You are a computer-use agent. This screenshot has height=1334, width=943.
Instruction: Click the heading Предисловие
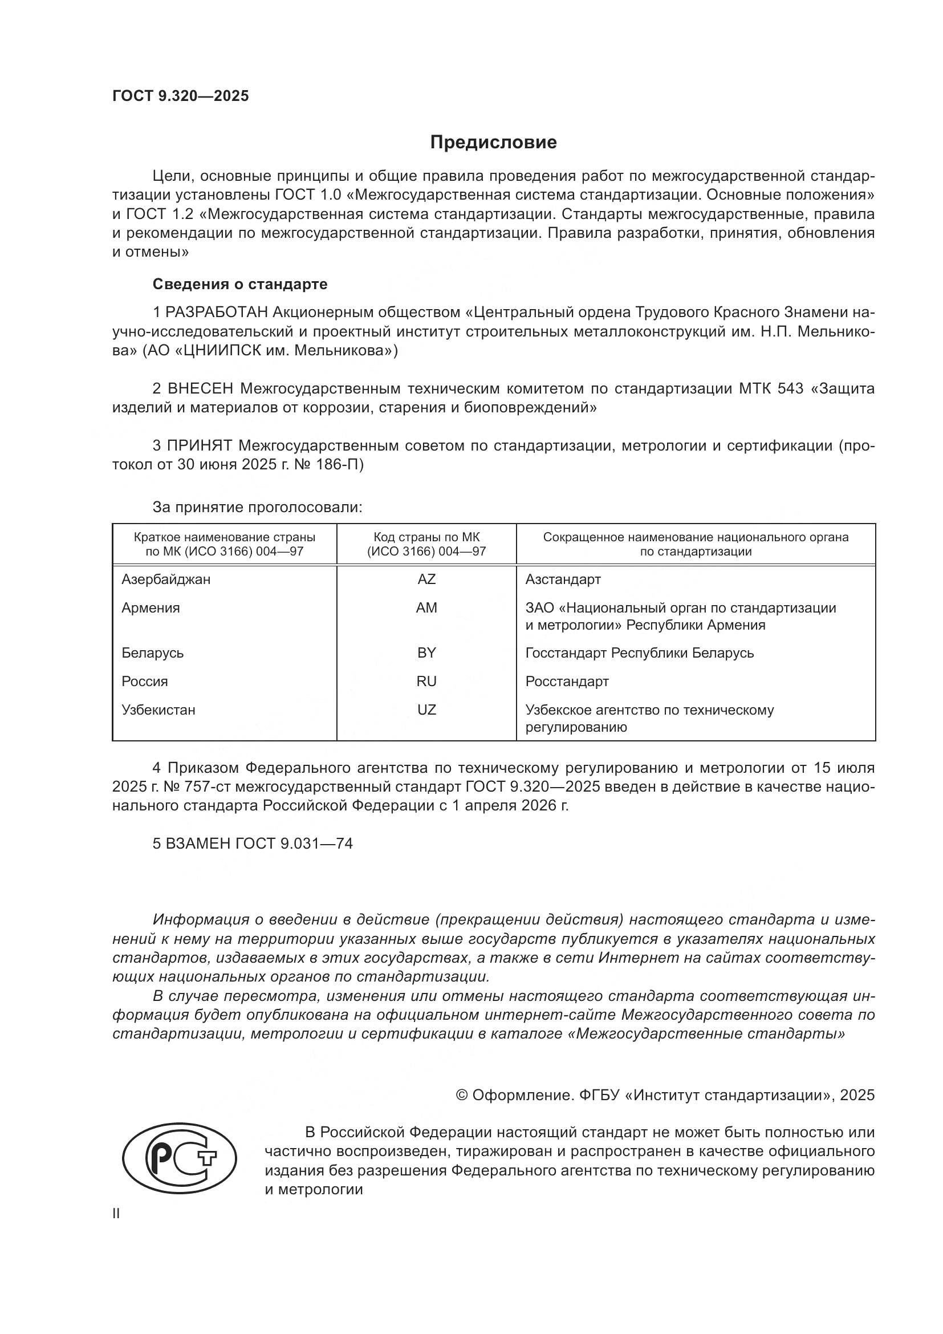(x=493, y=143)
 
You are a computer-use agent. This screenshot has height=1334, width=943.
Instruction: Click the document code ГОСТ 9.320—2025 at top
(x=181, y=96)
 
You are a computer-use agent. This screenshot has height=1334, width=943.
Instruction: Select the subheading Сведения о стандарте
(x=240, y=284)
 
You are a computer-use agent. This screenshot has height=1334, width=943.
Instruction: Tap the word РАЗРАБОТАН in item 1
(x=217, y=313)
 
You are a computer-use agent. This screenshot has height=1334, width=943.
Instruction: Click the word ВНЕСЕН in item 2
(x=200, y=388)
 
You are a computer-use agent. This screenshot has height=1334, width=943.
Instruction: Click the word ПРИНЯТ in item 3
(x=200, y=445)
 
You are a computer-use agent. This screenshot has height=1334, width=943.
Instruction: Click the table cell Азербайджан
(x=166, y=579)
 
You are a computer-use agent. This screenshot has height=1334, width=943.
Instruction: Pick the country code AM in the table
(x=426, y=608)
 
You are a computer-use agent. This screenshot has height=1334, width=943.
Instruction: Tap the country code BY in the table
(x=426, y=652)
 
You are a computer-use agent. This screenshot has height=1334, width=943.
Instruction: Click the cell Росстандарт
(x=567, y=681)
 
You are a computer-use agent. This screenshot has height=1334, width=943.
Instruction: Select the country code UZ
(x=426, y=709)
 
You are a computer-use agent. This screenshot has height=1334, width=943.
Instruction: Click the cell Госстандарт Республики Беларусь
(x=639, y=652)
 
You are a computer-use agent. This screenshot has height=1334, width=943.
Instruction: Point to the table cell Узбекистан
(x=158, y=709)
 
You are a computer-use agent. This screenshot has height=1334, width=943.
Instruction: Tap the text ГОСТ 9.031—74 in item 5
(x=294, y=843)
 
